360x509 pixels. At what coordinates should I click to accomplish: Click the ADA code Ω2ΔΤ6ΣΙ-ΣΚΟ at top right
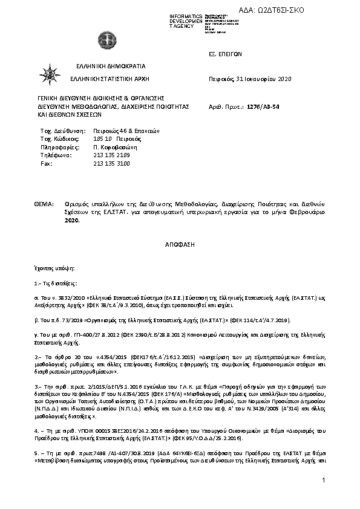(x=318, y=11)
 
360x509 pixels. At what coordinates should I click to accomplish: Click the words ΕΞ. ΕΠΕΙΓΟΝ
(x=224, y=54)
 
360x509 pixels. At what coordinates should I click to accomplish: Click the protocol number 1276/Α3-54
(x=263, y=105)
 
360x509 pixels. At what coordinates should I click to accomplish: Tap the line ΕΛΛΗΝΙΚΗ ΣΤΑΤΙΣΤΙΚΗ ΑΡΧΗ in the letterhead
(x=110, y=79)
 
